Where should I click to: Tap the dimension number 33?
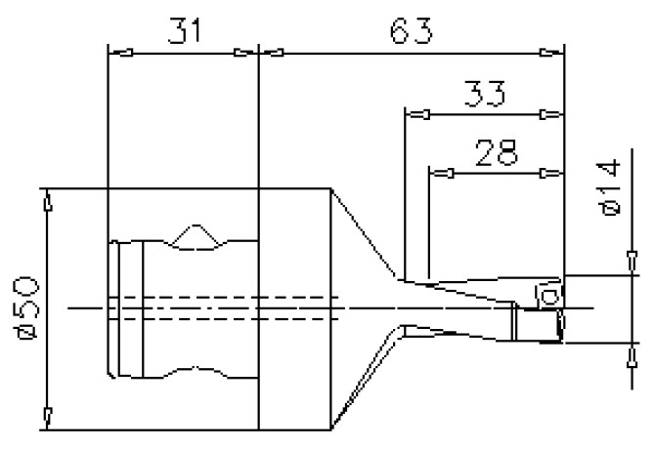click(484, 95)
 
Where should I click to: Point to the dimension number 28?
click(497, 152)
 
